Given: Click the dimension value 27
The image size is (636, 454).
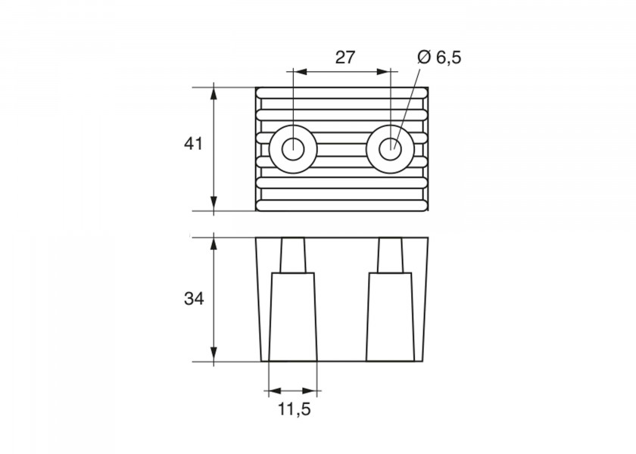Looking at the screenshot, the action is (x=344, y=58).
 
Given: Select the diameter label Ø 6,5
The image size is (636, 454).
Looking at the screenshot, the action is (x=439, y=58).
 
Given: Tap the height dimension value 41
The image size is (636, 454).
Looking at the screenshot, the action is (x=193, y=144).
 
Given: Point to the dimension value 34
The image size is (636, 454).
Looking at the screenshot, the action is (x=194, y=299).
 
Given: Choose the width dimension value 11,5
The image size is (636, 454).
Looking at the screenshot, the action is (x=295, y=409).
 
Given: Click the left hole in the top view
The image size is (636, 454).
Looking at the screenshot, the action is (x=293, y=149).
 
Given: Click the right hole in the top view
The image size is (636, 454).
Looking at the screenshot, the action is (x=390, y=149).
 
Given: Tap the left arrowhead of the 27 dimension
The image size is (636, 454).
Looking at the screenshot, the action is (x=299, y=72).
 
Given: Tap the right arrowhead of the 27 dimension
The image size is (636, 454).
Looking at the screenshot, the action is (x=383, y=72).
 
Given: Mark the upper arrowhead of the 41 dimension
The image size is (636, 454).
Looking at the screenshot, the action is (x=214, y=94).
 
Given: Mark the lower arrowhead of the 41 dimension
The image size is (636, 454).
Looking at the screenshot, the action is (x=214, y=204).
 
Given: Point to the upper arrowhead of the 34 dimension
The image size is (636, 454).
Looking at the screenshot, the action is (x=214, y=244).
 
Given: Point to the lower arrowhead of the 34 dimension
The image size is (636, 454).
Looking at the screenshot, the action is (x=214, y=355).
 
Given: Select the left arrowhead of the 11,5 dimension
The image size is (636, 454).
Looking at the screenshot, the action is (x=275, y=391).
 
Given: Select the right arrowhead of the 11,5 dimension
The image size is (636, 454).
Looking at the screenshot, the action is (x=310, y=391).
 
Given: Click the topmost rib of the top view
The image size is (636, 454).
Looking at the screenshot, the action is (x=342, y=92).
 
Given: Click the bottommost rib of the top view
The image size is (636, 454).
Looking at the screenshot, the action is (x=342, y=206).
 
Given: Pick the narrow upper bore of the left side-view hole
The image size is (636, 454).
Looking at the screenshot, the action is (x=293, y=254).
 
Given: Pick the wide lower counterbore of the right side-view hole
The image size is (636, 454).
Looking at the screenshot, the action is (x=390, y=316).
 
